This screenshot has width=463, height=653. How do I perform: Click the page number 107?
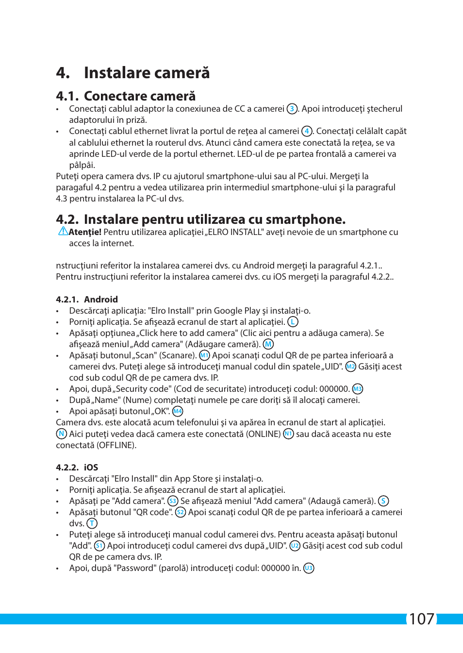point(421,619)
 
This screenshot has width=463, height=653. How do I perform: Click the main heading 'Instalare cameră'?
point(147,73)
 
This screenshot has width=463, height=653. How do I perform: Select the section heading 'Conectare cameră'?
point(139,96)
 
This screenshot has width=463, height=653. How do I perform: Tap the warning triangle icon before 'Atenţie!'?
point(63,231)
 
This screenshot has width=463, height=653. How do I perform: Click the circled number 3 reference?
point(292,109)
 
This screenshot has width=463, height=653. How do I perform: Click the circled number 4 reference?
point(306,131)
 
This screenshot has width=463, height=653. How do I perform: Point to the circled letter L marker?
point(293,322)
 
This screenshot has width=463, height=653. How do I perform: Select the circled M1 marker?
point(204,355)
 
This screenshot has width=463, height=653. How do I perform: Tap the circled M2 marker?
point(350,367)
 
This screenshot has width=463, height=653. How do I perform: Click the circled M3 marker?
point(357,389)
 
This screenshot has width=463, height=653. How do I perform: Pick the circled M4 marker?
point(178,411)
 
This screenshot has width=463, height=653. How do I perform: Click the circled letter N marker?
point(61,434)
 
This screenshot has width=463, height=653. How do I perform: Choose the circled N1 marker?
point(288,434)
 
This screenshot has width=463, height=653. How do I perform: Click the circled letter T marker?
point(92,523)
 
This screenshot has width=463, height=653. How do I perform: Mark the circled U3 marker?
point(309,568)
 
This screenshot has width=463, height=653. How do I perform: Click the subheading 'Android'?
point(100,300)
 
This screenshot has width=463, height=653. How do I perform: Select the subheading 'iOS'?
point(91,468)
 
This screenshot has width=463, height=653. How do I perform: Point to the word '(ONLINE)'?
point(263,434)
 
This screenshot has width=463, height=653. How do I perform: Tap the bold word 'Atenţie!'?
point(85,232)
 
